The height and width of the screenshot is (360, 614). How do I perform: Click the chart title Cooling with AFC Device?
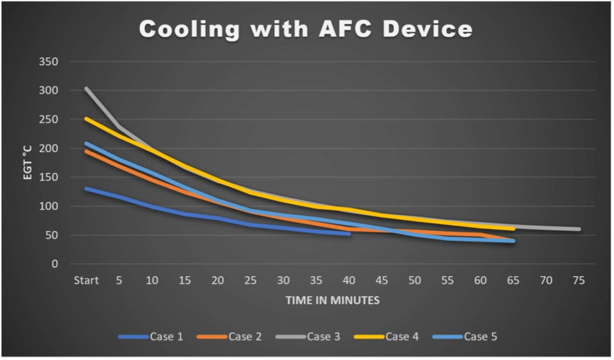click(306, 29)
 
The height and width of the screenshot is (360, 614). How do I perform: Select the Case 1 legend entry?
click(164, 336)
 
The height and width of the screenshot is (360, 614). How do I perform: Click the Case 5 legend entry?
click(480, 336)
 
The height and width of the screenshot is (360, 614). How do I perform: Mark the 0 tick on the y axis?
click(56, 264)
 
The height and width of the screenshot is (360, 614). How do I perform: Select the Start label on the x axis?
click(86, 281)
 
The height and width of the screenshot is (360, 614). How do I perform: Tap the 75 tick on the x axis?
click(579, 281)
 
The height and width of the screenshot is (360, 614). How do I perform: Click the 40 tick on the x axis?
click(349, 281)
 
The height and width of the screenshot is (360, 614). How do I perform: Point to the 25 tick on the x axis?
click(250, 281)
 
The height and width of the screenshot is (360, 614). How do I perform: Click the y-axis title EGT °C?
click(28, 163)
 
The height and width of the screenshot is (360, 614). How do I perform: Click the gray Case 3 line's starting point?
click(86, 88)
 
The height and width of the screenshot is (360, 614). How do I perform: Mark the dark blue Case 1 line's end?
click(349, 234)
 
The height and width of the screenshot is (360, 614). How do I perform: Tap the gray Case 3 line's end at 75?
click(579, 229)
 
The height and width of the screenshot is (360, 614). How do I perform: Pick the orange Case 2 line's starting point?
click(86, 151)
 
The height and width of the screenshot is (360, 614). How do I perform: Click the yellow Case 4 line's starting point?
click(86, 119)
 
